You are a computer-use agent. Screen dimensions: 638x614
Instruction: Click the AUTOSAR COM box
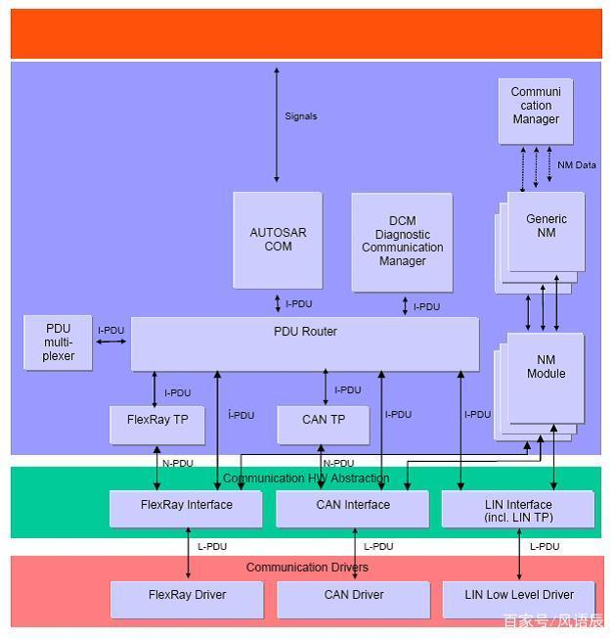click(x=278, y=240)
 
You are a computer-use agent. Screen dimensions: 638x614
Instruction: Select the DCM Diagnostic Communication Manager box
click(x=402, y=242)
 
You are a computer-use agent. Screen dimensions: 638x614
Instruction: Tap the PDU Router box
click(x=305, y=343)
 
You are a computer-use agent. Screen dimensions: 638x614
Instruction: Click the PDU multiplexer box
click(x=59, y=342)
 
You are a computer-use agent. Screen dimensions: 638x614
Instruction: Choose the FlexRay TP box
click(x=157, y=424)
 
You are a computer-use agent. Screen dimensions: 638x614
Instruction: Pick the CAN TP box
click(x=324, y=424)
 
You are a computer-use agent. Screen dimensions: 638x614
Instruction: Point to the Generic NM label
click(x=546, y=225)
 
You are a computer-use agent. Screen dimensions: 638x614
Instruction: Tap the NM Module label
click(x=546, y=367)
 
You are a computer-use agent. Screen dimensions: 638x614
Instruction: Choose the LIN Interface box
click(x=518, y=509)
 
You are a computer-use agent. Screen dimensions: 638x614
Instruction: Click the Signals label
click(x=300, y=116)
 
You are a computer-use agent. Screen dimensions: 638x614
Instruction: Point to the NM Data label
click(x=577, y=165)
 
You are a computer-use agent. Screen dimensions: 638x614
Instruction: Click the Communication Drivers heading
click(x=307, y=568)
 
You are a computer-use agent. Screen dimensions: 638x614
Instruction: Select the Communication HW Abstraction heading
click(x=306, y=478)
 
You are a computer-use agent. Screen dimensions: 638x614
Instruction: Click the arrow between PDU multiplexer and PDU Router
click(x=112, y=342)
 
